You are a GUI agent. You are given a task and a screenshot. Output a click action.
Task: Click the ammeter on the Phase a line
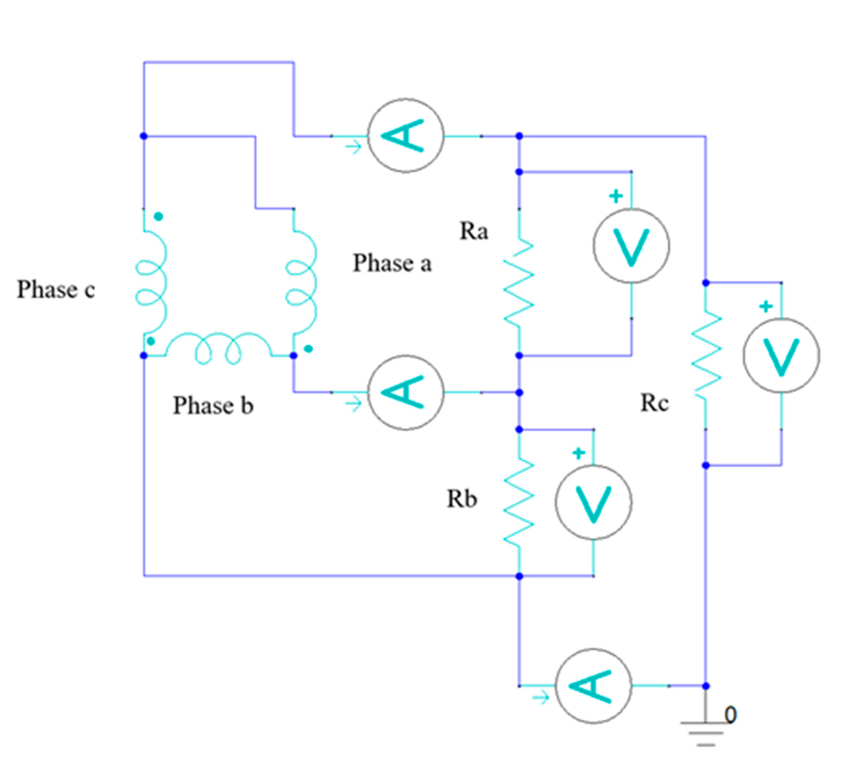pos(405,136)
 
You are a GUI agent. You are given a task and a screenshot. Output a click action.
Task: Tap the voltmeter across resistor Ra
pos(631,245)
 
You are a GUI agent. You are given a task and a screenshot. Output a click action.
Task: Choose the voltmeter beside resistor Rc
pos(781,355)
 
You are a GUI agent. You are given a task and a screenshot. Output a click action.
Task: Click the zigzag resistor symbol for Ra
pos(519,282)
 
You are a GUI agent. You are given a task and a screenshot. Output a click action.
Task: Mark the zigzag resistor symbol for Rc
pos(706,355)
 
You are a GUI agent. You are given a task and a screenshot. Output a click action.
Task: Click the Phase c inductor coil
pos(151,282)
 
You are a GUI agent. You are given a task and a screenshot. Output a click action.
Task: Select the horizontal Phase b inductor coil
pos(218,348)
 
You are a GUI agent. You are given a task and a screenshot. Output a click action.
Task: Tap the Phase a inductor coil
pos(301,282)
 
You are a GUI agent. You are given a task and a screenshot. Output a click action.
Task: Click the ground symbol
pos(705,736)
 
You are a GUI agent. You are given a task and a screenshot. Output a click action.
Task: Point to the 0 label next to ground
pos(730,714)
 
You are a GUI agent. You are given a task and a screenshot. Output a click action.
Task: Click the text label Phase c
pos(56,290)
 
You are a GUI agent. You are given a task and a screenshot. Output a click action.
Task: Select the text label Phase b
pos(213,405)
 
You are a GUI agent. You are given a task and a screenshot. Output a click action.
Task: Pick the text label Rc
pos(654,403)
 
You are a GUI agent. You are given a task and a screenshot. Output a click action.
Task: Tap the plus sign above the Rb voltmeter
pos(578,453)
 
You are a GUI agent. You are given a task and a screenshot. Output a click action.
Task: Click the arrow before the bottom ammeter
pos(541,698)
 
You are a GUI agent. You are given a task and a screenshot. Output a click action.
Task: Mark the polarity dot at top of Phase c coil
pos(159,217)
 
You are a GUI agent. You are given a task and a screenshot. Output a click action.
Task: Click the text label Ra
pos(474,231)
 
